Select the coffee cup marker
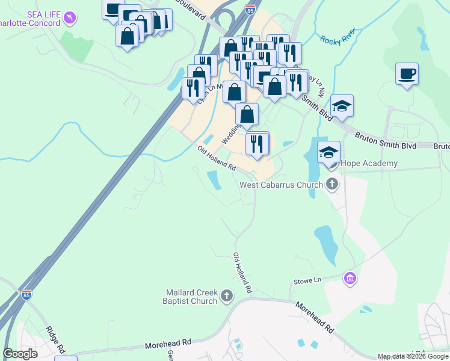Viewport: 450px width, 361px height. click(x=407, y=74)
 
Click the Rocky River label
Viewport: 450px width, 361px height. click(x=337, y=37)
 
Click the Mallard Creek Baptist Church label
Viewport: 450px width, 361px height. click(x=191, y=297)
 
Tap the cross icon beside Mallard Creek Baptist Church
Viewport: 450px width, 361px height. click(x=226, y=295)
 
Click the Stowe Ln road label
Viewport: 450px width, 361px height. click(x=307, y=280)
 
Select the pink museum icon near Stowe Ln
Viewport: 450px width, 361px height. click(x=350, y=278)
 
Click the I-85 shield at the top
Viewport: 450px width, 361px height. click(x=250, y=8)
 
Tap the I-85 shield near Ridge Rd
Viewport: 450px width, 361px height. click(x=26, y=295)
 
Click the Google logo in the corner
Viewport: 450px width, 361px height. click(x=20, y=354)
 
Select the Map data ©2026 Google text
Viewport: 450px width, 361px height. click(x=413, y=356)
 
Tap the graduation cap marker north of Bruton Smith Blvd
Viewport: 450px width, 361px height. click(x=342, y=106)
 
